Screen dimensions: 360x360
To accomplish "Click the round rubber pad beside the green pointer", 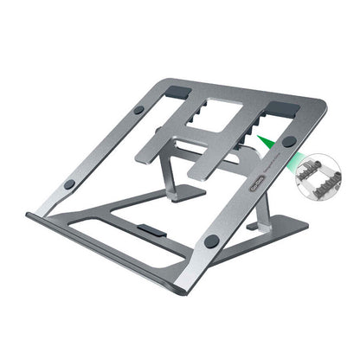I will pos(288,141).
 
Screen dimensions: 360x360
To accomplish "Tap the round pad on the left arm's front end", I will pos(69,184).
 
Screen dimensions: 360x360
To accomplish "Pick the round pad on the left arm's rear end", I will pos(138,111).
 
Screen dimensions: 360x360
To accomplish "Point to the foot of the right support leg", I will pos(257,226).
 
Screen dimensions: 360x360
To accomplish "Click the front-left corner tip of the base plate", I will pos(28,215).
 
